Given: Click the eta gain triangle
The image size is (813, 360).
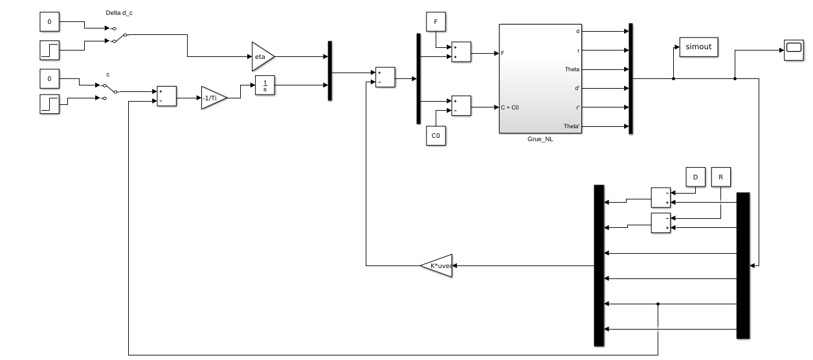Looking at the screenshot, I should (x=262, y=56).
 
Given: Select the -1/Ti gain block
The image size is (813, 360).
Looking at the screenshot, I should (x=213, y=97).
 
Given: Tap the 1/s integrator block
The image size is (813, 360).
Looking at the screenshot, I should (x=265, y=85).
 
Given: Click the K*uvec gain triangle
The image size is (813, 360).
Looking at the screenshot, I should (x=438, y=265).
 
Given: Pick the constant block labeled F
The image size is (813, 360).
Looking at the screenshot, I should (x=436, y=21).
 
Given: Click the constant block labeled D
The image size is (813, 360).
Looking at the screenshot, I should (x=695, y=176).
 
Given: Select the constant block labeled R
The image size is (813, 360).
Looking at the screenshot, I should (x=720, y=176).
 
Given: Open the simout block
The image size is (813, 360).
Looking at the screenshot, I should (x=698, y=47).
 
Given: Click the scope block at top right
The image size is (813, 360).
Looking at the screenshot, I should (x=794, y=50).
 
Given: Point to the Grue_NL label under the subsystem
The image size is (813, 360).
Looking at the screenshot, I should (x=540, y=139).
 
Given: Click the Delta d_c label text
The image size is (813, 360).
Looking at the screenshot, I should (x=118, y=12).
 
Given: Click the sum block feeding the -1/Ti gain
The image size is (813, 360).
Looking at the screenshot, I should (x=166, y=96).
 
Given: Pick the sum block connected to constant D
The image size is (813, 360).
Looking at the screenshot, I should (x=661, y=197).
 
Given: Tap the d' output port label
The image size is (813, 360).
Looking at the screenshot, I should (x=576, y=88).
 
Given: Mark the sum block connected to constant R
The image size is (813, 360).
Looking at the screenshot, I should (x=661, y=222).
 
